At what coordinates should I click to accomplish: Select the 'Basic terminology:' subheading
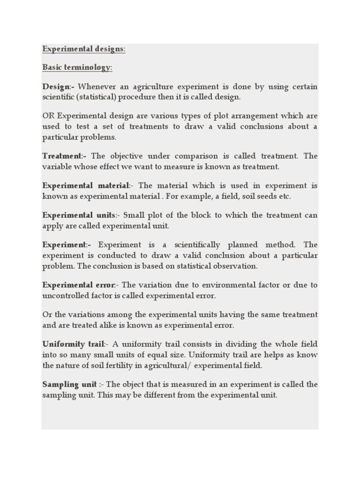click(77, 67)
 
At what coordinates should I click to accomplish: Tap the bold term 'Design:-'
click(59, 87)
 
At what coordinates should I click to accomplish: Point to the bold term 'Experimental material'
click(85, 186)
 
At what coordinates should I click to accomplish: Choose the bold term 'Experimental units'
click(78, 215)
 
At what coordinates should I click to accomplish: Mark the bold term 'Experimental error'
click(78, 285)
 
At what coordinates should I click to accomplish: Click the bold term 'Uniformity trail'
click(73, 344)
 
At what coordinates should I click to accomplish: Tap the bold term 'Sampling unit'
click(69, 384)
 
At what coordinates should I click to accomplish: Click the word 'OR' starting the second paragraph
click(48, 116)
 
